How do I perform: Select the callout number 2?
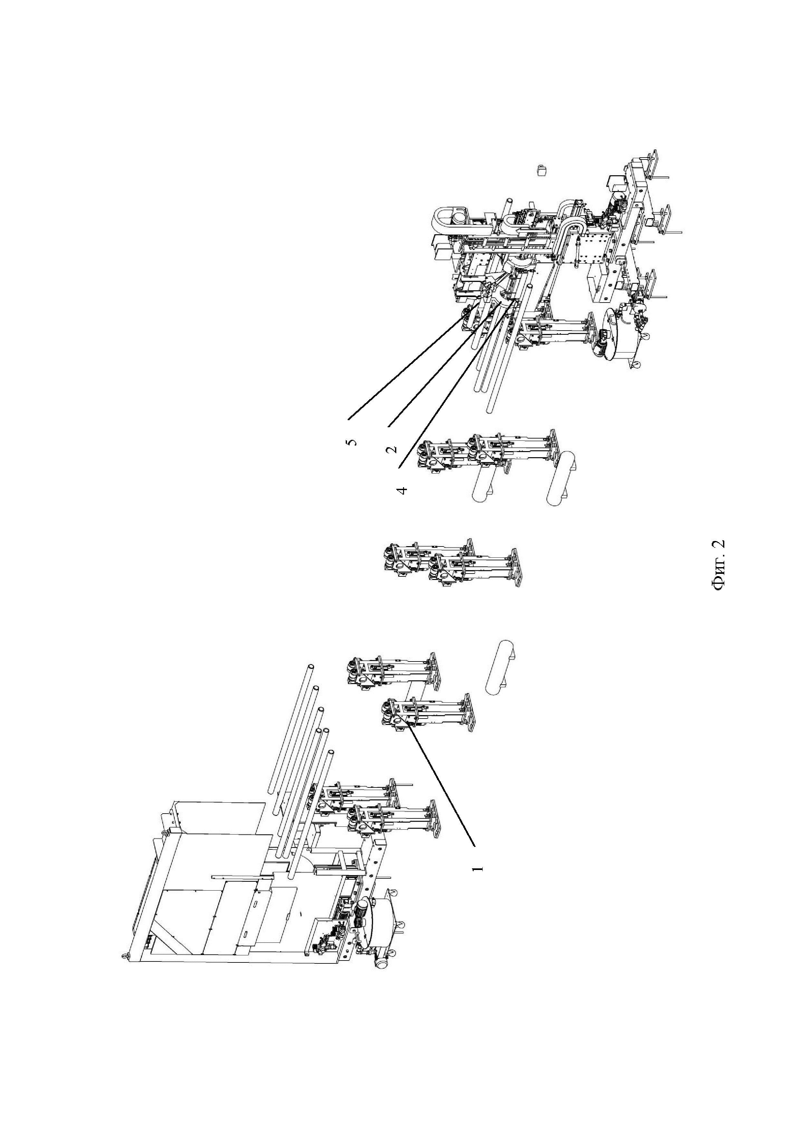click(392, 449)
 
